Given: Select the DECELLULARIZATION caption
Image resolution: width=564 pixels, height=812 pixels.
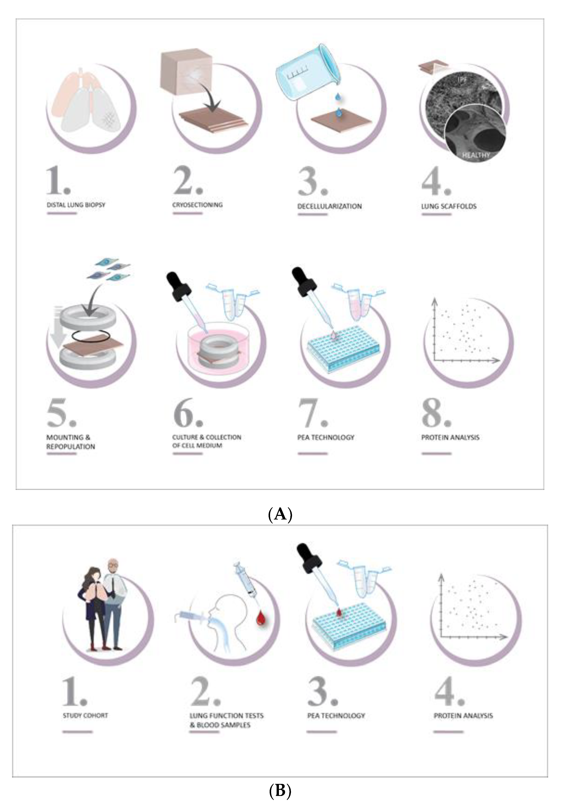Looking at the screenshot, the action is pos(329,206).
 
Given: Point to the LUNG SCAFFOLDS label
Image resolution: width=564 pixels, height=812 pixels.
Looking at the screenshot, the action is pos(449,206).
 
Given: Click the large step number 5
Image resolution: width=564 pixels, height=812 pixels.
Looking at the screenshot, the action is pos(61,413).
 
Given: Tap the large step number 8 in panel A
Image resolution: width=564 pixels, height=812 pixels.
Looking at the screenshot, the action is pos(436,413).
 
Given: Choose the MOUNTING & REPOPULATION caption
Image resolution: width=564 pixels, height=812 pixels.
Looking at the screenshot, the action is pos(71,442).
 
